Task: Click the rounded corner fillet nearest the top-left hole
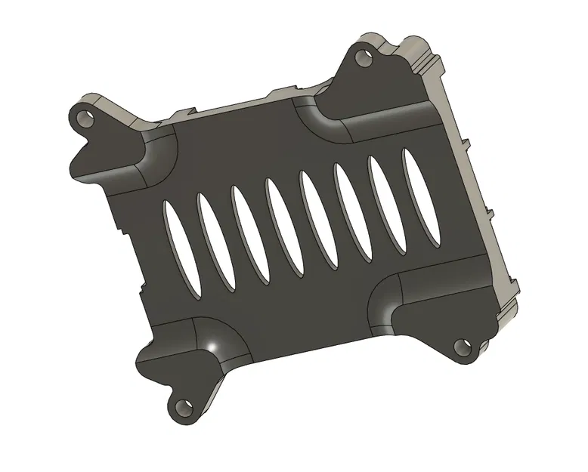(155, 159)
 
